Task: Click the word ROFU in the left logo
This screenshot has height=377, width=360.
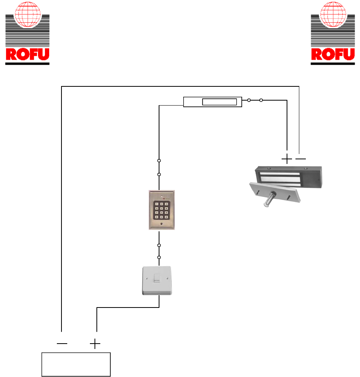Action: [x=27, y=55]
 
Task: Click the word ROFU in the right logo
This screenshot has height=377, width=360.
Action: [x=333, y=55]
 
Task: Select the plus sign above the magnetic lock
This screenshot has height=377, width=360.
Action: [x=287, y=158]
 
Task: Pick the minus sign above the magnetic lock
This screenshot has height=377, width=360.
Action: [x=301, y=158]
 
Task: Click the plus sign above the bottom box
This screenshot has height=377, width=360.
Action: [x=95, y=344]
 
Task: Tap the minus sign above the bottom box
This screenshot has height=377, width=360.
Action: [x=61, y=344]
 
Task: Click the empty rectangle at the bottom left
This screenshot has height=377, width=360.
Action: [x=76, y=364]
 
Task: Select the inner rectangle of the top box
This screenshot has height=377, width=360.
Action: [x=219, y=102]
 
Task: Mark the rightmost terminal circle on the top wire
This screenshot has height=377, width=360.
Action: [x=261, y=100]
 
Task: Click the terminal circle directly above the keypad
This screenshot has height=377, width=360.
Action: [x=159, y=175]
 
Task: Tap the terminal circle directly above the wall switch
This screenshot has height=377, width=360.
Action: [x=159, y=257]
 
